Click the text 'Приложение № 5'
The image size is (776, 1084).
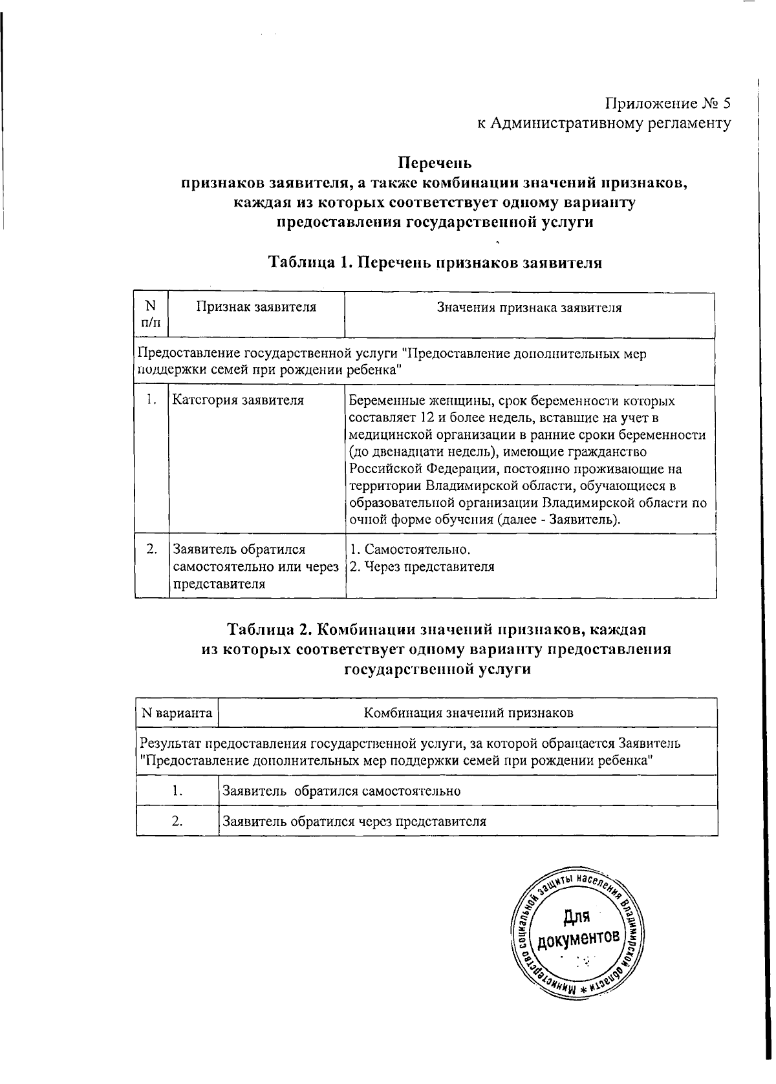(668, 103)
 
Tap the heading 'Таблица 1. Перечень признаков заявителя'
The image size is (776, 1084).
(435, 263)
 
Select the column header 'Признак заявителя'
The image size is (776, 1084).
(256, 308)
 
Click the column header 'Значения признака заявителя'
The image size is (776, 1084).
(529, 308)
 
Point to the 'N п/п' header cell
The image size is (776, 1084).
(151, 314)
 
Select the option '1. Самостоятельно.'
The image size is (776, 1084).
(410, 550)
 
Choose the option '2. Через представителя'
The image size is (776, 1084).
(422, 567)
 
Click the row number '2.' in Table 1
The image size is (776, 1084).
(152, 550)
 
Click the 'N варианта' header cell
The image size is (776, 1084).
(177, 713)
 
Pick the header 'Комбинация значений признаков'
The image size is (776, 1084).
(468, 713)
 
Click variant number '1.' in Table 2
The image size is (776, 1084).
(177, 791)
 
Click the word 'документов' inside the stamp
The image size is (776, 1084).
(577, 938)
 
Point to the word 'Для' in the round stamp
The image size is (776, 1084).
(575, 917)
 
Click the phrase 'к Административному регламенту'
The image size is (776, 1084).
(604, 123)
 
